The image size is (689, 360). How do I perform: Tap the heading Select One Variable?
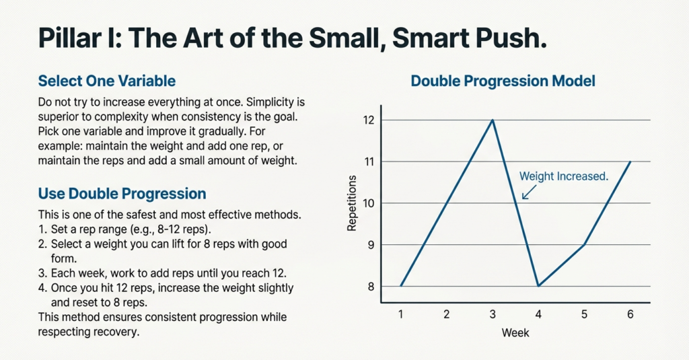[x=107, y=81]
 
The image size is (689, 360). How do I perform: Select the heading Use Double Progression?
[x=122, y=194]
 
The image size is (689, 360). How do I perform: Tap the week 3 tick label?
[x=493, y=314]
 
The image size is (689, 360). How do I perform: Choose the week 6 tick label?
[x=630, y=314]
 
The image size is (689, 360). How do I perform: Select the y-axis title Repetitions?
[x=352, y=203]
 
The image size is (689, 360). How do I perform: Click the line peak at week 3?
[x=493, y=120]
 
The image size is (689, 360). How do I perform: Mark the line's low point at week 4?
[x=538, y=286]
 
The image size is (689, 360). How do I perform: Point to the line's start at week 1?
[x=401, y=286]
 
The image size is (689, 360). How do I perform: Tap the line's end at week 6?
[x=630, y=161]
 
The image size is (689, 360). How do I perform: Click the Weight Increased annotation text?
[x=564, y=176]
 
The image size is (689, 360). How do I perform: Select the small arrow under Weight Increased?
[x=528, y=193]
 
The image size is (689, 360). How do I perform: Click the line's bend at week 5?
[x=584, y=245]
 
